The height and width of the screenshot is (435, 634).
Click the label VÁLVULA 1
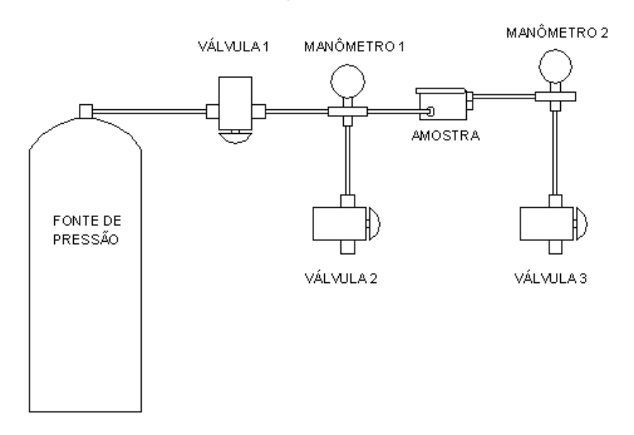(233, 46)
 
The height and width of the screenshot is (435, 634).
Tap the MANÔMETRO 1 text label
(354, 46)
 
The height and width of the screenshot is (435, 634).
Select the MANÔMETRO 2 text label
(557, 33)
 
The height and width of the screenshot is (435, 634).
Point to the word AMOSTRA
(446, 136)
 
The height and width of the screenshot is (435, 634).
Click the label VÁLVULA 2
(341, 278)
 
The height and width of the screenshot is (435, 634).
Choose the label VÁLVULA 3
(551, 278)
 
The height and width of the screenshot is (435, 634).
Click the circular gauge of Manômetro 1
(347, 81)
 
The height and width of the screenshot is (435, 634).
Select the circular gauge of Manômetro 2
(556, 67)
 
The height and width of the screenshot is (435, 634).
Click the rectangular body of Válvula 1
(235, 104)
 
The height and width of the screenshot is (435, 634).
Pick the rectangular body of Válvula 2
(339, 224)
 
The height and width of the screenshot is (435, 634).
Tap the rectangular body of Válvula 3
(546, 224)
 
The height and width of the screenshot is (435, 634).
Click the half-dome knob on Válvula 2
(375, 224)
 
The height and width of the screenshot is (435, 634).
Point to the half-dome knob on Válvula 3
(582, 224)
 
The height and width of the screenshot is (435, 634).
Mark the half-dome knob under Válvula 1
(235, 138)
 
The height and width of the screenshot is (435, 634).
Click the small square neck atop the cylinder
(85, 111)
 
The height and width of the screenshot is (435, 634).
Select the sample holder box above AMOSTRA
(443, 105)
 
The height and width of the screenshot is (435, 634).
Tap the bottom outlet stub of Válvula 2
(347, 247)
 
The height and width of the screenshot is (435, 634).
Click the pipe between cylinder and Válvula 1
(149, 111)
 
